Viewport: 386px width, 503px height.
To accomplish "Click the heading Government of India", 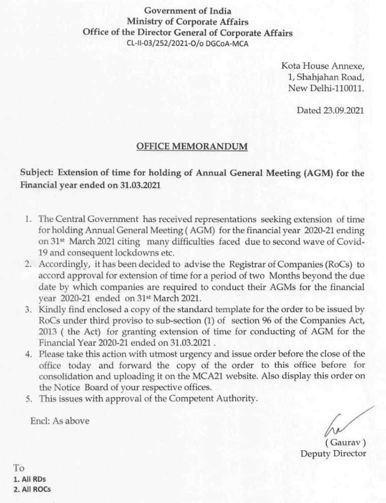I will [x=187, y=11].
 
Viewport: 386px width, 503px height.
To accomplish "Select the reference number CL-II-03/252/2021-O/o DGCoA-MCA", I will [x=188, y=43].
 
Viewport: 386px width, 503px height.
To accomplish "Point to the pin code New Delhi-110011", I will [x=326, y=88].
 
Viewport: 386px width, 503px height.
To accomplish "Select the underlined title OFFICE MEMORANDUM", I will [x=192, y=147].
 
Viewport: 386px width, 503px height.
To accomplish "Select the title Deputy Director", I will [x=333, y=453].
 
